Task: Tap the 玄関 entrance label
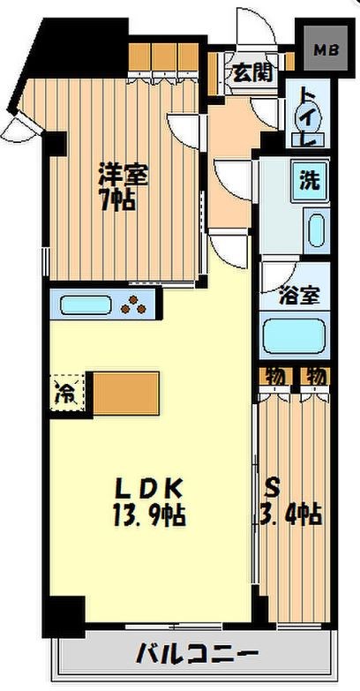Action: click(x=250, y=73)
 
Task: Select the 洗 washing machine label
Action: click(x=309, y=182)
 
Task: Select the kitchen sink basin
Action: click(x=86, y=306)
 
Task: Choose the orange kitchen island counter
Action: click(x=125, y=393)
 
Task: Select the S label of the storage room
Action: click(x=274, y=486)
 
